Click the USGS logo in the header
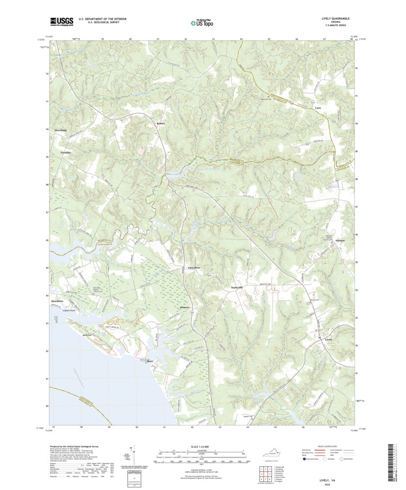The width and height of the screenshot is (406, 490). [62, 21]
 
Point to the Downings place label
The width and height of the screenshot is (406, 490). [61, 130]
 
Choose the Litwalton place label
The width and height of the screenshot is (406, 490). [194, 268]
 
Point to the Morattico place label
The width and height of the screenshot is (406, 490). [57, 301]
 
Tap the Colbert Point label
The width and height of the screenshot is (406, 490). [66, 311]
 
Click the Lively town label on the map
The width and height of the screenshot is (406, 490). [328, 339]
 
